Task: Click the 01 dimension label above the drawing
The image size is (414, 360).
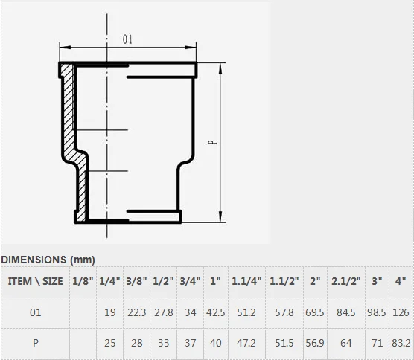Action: [128, 39]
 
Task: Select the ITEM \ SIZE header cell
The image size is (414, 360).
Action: [36, 282]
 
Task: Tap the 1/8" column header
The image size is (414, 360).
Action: [83, 282]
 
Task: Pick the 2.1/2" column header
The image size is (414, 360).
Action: [345, 282]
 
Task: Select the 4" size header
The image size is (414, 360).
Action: [401, 282]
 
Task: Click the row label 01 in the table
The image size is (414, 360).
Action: [36, 312]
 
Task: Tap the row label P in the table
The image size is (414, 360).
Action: [36, 343]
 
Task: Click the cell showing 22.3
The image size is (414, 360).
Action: [137, 312]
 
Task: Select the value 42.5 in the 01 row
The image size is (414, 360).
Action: [216, 312]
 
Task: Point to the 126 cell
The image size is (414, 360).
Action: [401, 312]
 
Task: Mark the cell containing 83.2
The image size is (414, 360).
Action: [401, 343]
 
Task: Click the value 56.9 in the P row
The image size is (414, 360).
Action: [315, 343]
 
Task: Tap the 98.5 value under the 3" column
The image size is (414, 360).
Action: [377, 312]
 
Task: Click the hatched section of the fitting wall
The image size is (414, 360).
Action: [69, 112]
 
